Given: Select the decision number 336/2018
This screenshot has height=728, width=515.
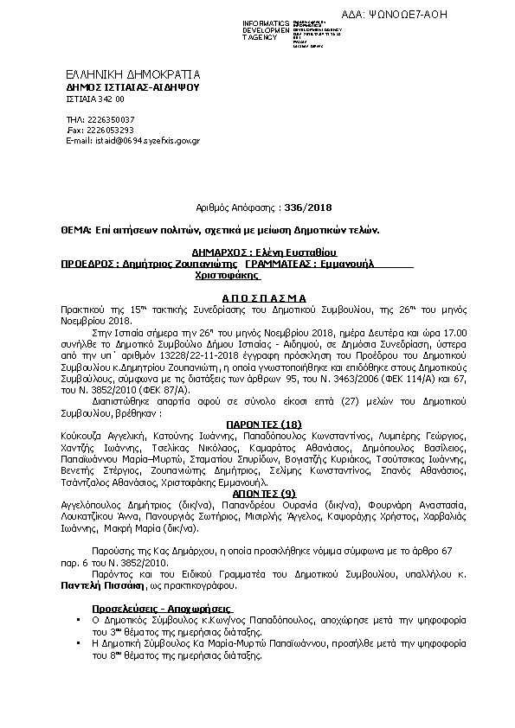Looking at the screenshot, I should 307,208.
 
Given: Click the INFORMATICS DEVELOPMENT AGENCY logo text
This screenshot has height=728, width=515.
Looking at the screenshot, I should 267,30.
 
